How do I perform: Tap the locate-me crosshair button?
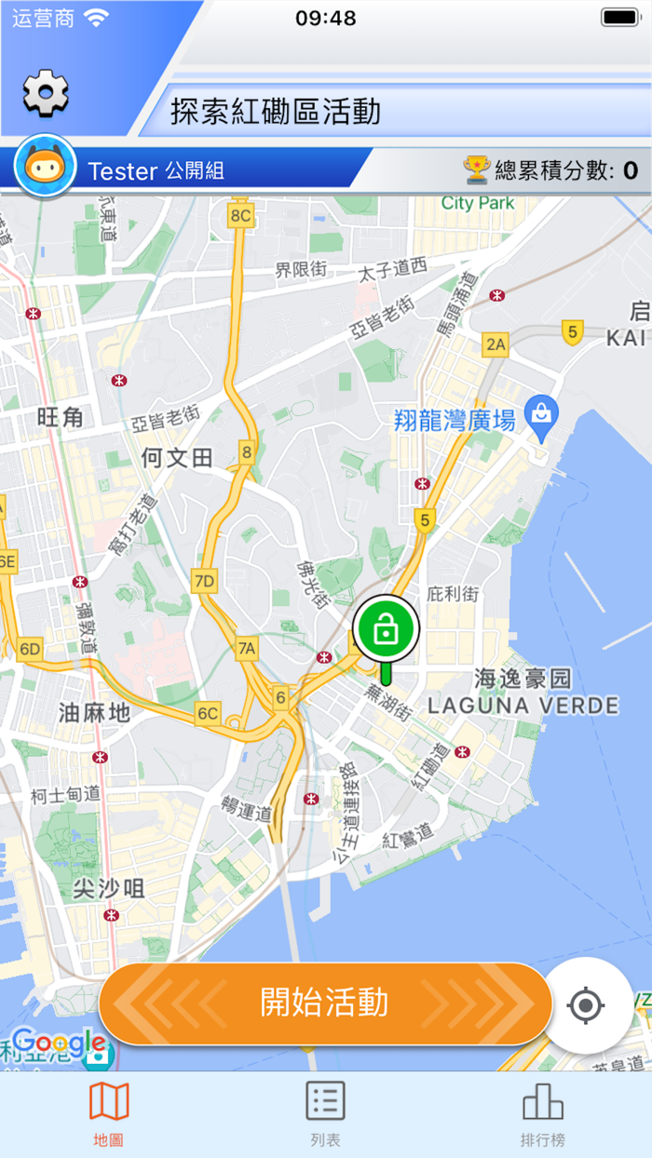point(587,1005)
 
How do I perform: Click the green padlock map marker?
point(387,630)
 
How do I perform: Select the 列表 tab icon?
point(326,1101)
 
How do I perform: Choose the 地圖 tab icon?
point(109,1102)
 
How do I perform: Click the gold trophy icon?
point(477,169)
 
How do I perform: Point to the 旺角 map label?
point(61,418)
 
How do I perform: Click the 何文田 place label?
point(177,458)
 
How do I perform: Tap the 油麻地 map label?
point(94,713)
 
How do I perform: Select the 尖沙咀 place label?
point(109,889)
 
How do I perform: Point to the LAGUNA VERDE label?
point(523,705)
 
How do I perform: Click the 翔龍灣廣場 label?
point(455,421)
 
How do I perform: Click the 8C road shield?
point(240,216)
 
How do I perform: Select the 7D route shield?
point(203,582)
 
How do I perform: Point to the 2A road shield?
point(496,345)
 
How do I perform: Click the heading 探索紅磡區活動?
point(276,112)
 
